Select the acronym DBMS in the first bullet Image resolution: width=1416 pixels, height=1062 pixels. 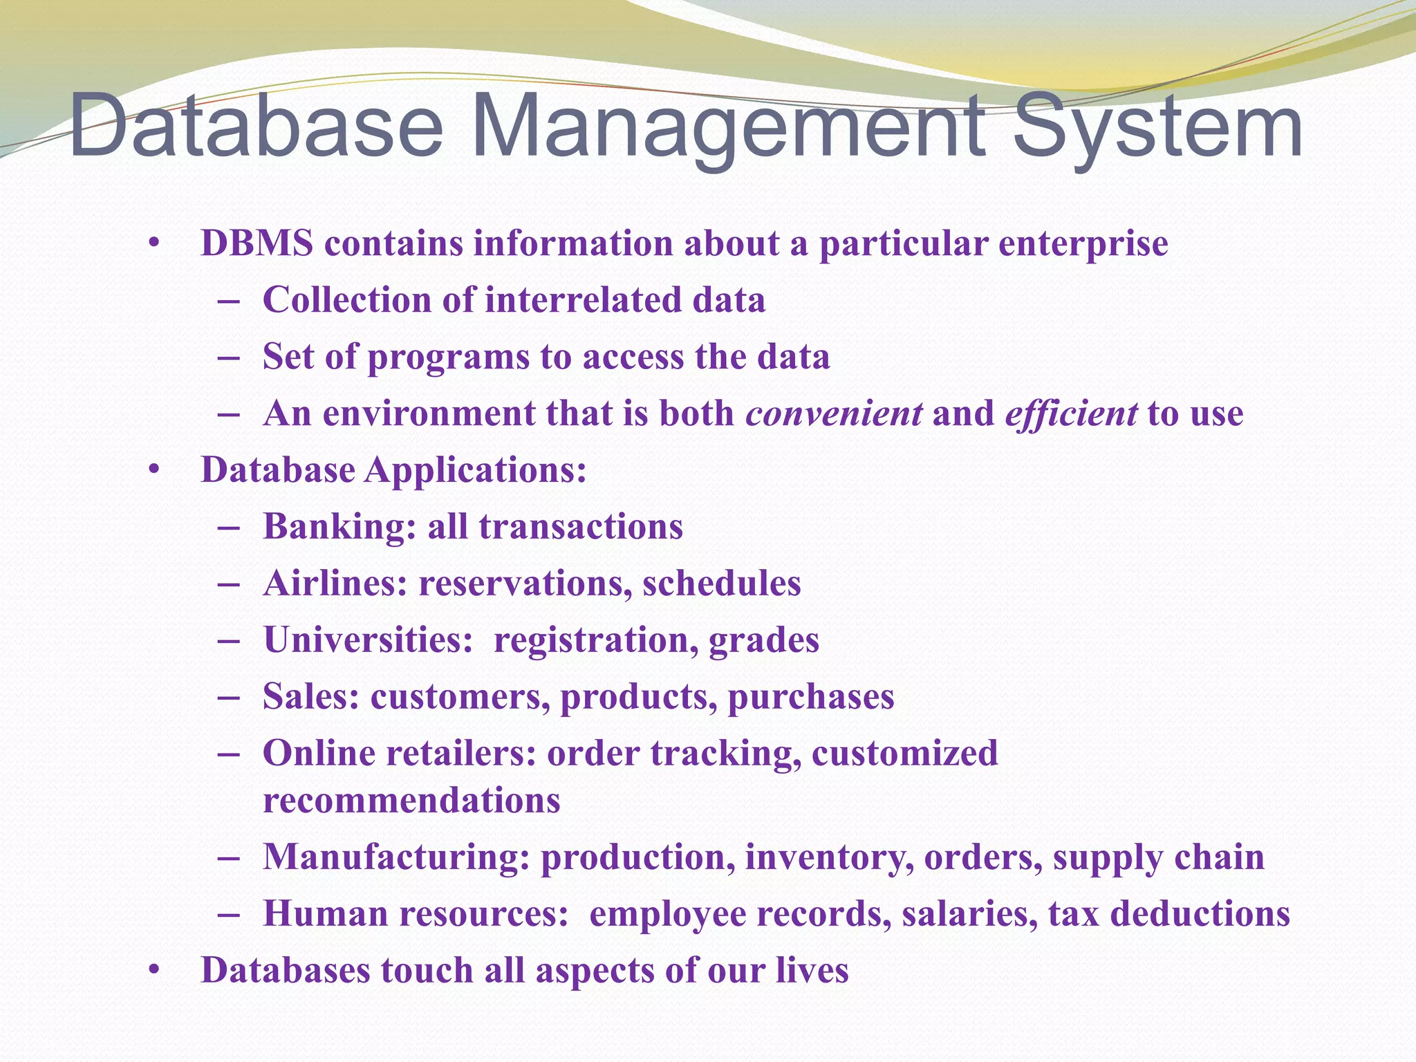coord(257,243)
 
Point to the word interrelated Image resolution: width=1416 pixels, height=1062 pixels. coord(582,300)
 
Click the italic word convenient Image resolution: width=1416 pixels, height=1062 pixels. coord(834,413)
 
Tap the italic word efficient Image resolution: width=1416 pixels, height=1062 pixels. coord(1071,413)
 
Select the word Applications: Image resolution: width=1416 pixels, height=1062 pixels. coord(476,470)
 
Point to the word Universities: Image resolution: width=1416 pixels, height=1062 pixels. coord(367,640)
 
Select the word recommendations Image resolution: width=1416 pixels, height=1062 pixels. coord(411,801)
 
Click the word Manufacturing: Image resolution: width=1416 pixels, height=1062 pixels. coord(396,857)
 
